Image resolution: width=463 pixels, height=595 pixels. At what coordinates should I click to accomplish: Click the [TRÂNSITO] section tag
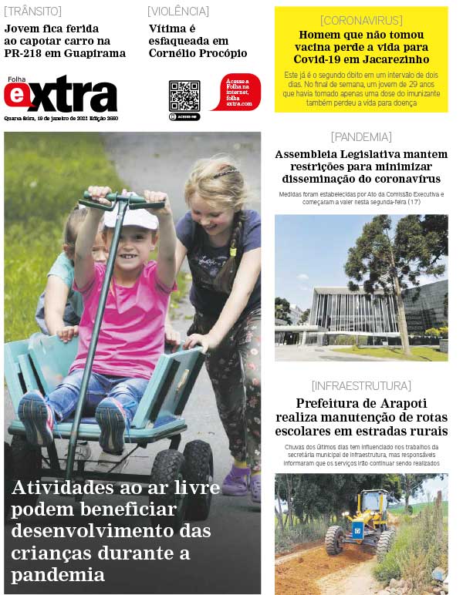pyautogui.click(x=33, y=12)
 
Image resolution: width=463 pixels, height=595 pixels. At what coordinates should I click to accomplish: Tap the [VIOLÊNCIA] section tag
pyautogui.click(x=178, y=12)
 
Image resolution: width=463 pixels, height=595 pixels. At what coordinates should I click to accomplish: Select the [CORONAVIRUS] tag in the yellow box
pyautogui.click(x=361, y=20)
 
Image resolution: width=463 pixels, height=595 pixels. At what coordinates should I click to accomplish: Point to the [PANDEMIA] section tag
pyautogui.click(x=361, y=137)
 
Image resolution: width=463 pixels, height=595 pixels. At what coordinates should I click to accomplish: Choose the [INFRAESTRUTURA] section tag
pyautogui.click(x=361, y=385)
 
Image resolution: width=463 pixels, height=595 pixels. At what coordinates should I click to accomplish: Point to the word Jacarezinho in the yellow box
pyautogui.click(x=390, y=59)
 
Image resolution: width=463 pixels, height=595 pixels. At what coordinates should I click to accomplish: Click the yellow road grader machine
pyautogui.click(x=361, y=522)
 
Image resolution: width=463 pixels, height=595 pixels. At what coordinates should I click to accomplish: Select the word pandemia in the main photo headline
pyautogui.click(x=58, y=574)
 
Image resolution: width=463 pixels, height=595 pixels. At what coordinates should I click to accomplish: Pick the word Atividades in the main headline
pyautogui.click(x=60, y=488)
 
